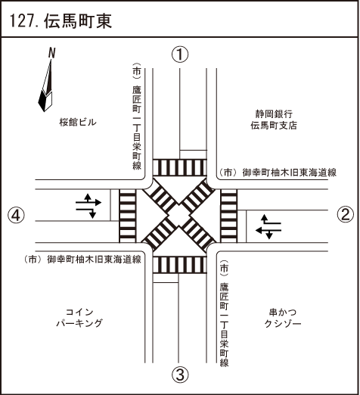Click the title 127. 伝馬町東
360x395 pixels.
pyautogui.click(x=61, y=20)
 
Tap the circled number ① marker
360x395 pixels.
pyautogui.click(x=180, y=54)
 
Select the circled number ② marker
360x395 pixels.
pyautogui.click(x=345, y=214)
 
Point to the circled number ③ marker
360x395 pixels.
pyautogui.click(x=180, y=375)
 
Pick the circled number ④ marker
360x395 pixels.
pyautogui.click(x=17, y=215)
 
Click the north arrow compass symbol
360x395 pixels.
pyautogui.click(x=46, y=86)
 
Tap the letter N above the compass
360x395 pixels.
pyautogui.click(x=51, y=53)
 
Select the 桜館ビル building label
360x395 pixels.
pyautogui.click(x=78, y=123)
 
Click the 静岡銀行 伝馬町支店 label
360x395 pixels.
pyautogui.click(x=274, y=120)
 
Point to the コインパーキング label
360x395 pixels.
pyautogui.click(x=79, y=318)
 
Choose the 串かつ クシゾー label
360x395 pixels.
pyautogui.click(x=283, y=318)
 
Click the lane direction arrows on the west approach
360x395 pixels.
pyautogui.click(x=88, y=206)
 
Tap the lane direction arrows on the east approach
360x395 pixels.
pyautogui.click(x=268, y=226)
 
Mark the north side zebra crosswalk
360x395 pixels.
pyautogui.click(x=180, y=167)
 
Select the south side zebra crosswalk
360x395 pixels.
pyautogui.click(x=180, y=265)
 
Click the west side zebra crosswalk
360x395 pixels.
pyautogui.click(x=128, y=216)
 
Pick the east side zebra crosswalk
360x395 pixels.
pyautogui.click(x=229, y=216)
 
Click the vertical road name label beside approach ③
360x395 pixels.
pyautogui.click(x=224, y=313)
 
